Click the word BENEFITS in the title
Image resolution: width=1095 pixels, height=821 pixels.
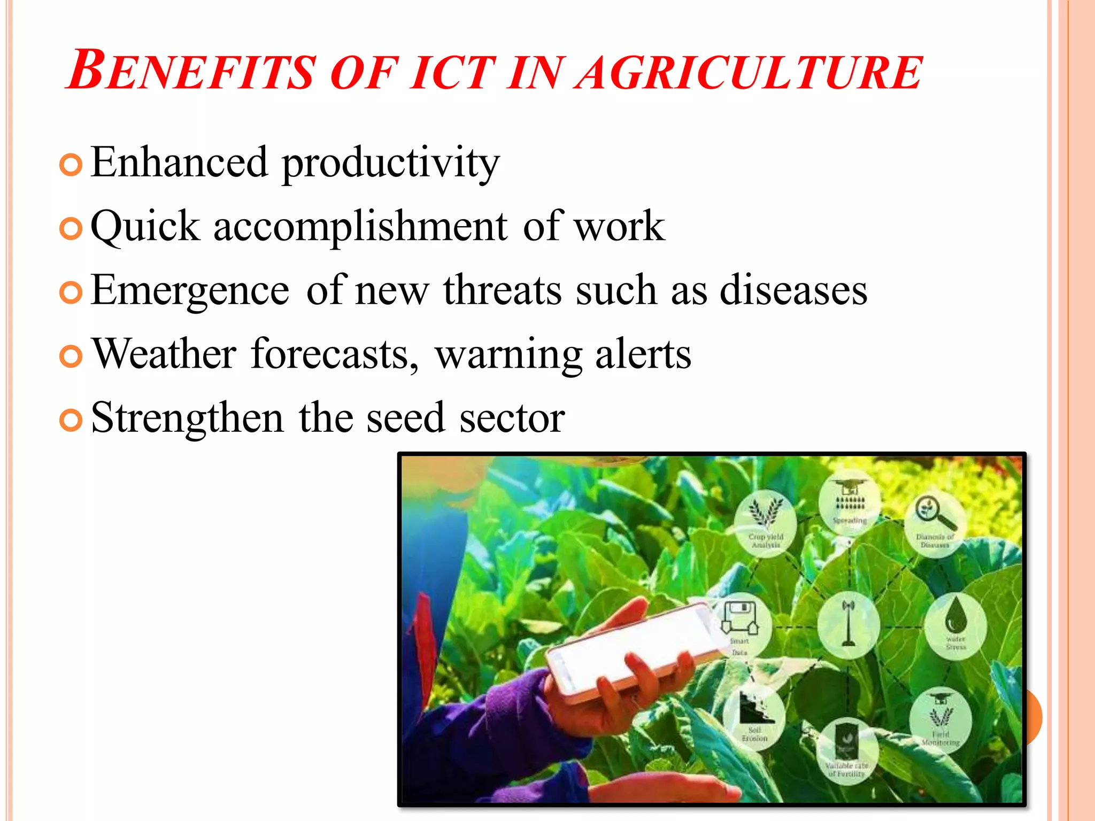pyautogui.click(x=192, y=71)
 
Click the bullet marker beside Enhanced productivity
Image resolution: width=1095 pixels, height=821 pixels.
pyautogui.click(x=71, y=165)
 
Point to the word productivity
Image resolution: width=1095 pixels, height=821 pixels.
pyautogui.click(x=390, y=163)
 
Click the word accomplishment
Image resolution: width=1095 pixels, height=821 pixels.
pyautogui.click(x=360, y=227)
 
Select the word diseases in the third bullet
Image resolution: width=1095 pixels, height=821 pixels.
pyautogui.click(x=793, y=290)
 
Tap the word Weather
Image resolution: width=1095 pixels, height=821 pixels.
pyautogui.click(x=165, y=354)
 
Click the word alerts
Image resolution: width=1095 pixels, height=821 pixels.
pyautogui.click(x=643, y=354)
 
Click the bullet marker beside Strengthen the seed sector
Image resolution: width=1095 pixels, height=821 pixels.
pyautogui.click(x=71, y=420)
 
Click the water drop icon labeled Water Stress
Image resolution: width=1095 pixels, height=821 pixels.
pyautogui.click(x=955, y=624)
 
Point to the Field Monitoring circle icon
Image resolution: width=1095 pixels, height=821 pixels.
pyautogui.click(x=940, y=719)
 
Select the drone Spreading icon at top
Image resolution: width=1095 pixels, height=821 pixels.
pyautogui.click(x=850, y=500)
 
